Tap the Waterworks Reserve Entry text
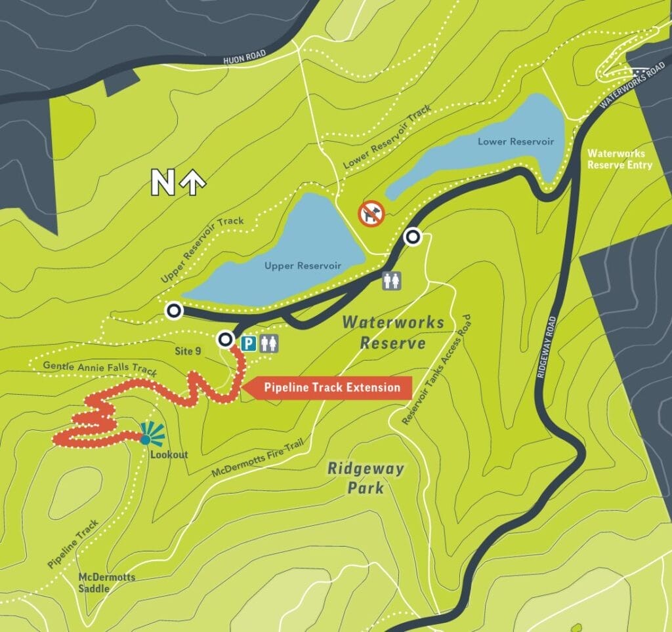pos(619,159)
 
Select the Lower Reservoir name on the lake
pos(515,142)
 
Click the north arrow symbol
pos(175,182)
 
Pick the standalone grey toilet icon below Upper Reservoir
pos(392,281)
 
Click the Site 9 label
pos(188,351)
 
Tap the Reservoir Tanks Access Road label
pos(437,370)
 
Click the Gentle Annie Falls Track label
pos(99,368)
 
